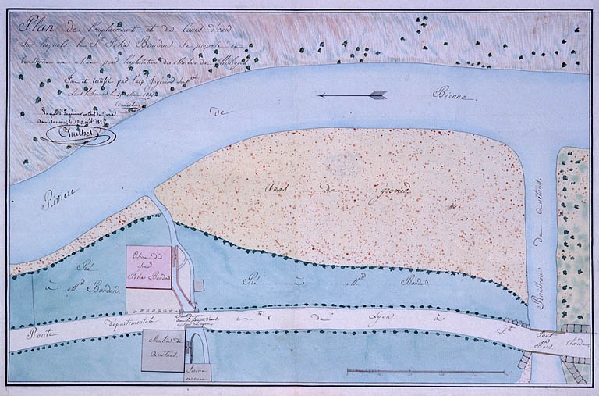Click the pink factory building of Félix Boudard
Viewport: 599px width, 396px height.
[x=148, y=267]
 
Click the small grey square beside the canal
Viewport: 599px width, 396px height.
[x=198, y=286]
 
